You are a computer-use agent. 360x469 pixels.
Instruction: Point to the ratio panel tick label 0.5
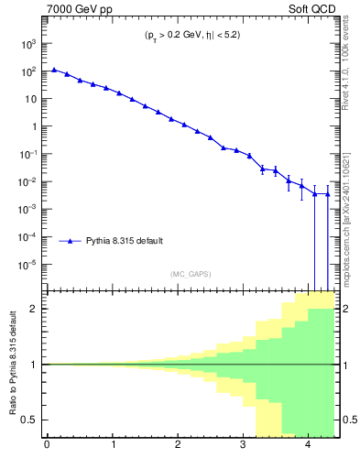click(27, 420)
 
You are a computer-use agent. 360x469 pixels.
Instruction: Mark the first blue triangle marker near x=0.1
click(54, 69)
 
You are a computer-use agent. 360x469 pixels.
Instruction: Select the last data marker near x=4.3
click(328, 193)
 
